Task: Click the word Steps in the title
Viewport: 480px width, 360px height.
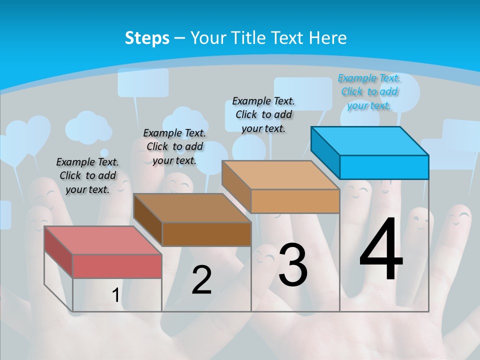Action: point(147,38)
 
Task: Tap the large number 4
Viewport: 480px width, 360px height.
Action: point(381,249)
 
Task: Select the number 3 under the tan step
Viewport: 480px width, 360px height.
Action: point(293,264)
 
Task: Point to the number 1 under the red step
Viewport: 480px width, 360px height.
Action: point(115,295)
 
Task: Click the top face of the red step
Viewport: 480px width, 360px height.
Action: point(103,240)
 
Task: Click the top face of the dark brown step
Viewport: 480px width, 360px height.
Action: point(192,208)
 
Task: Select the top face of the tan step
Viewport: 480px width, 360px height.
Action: point(280,175)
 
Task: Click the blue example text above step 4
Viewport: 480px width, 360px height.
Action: point(369,91)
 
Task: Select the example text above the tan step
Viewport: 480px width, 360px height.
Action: point(263,114)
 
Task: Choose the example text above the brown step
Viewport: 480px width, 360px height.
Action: point(174,146)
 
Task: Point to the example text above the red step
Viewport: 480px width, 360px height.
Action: point(87,175)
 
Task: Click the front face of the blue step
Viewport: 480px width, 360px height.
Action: point(384,167)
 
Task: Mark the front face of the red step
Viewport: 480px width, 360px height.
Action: point(117,266)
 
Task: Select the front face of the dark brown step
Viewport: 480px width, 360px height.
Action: point(206,234)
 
